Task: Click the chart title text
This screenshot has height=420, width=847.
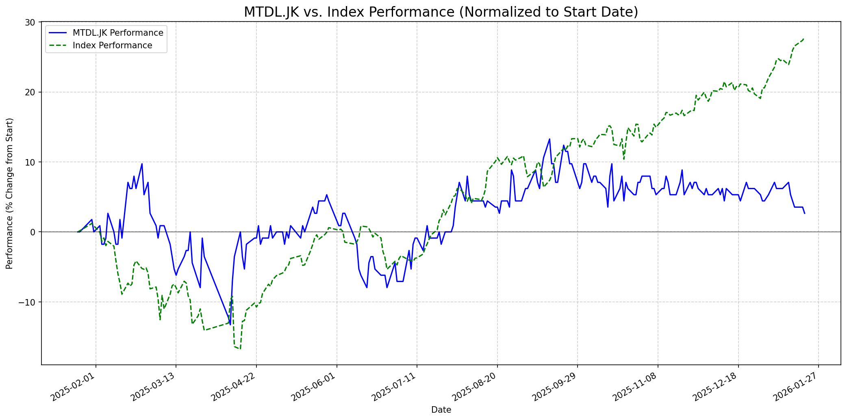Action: pos(441,12)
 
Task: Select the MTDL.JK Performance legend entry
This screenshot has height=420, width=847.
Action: pos(118,33)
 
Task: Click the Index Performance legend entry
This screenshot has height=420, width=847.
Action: pos(112,45)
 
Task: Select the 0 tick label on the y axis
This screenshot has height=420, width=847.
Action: pos(34,232)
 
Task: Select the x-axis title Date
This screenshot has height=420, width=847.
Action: pos(441,410)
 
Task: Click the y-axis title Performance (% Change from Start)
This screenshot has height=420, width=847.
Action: pos(10,193)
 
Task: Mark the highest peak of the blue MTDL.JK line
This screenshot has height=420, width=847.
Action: pos(549,139)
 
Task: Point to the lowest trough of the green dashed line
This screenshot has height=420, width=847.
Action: pos(240,349)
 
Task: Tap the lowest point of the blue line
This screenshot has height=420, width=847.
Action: pos(230,325)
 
